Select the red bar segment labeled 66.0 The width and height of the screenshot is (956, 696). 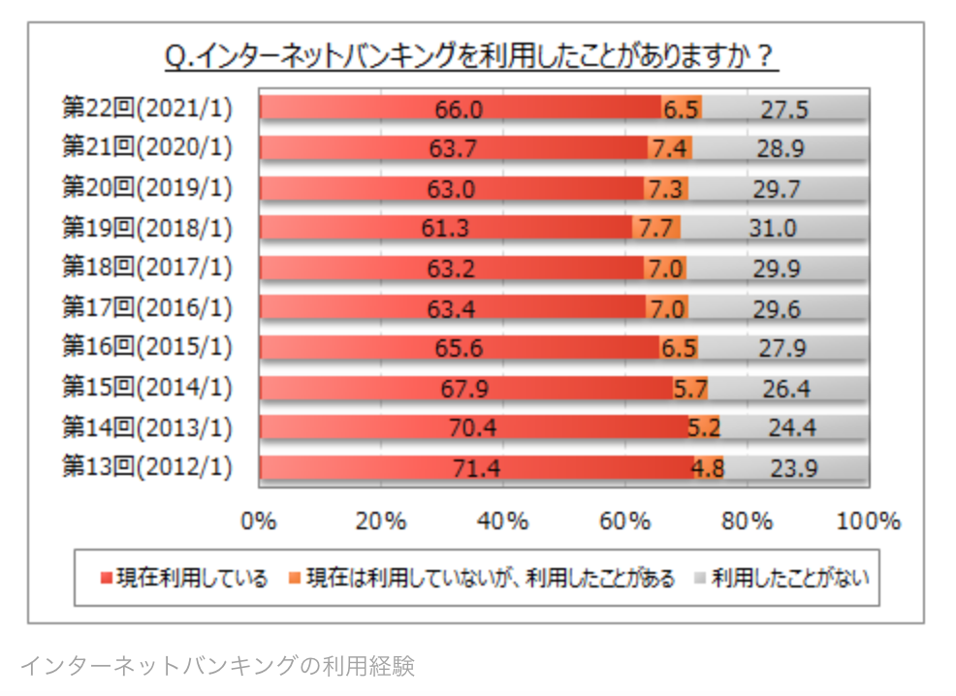[x=460, y=109]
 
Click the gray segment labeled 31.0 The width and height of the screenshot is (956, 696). [x=773, y=228]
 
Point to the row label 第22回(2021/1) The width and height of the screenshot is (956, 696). [x=147, y=109]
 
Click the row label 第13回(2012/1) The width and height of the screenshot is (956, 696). [x=147, y=467]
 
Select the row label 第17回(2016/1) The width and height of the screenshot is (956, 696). [x=147, y=308]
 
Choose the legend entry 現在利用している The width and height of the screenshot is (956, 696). [x=183, y=580]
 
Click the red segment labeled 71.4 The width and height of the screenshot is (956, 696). [x=476, y=468]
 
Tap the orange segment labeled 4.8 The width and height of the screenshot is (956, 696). [x=708, y=468]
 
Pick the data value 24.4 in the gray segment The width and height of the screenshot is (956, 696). [x=793, y=427]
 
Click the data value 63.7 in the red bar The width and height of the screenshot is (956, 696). [x=454, y=148]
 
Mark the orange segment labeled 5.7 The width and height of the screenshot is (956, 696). [x=690, y=388]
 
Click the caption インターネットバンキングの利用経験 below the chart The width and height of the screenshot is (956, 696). [x=217, y=667]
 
